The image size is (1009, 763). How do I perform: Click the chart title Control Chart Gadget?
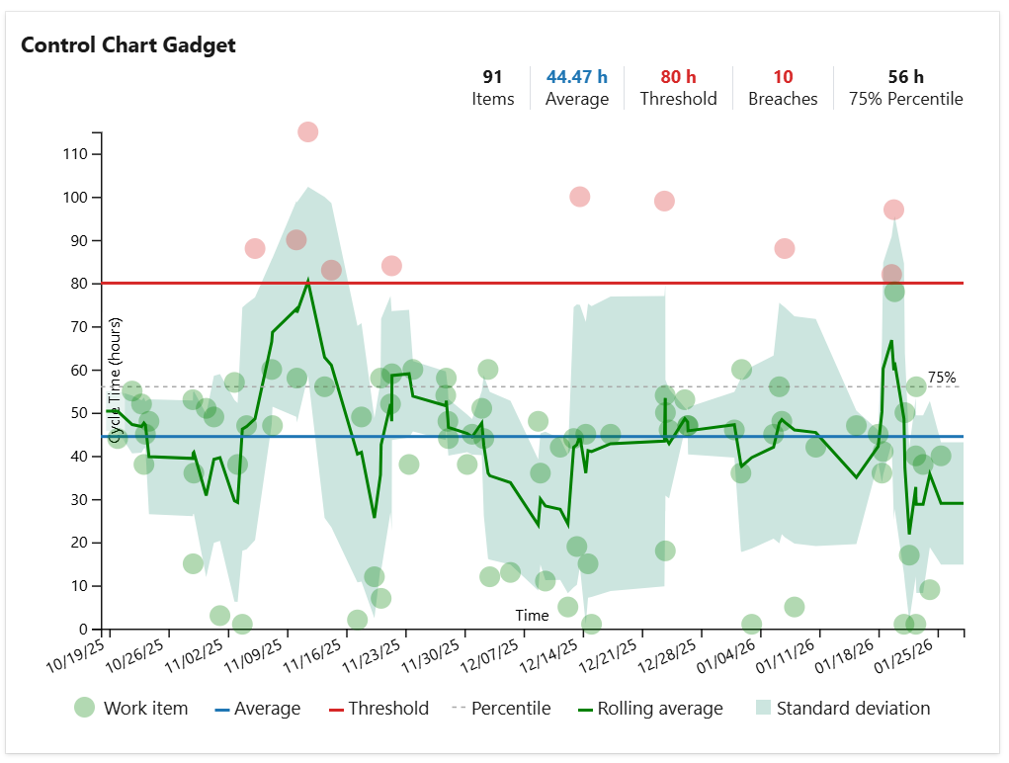tap(128, 45)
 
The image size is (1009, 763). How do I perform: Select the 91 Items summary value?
tap(492, 77)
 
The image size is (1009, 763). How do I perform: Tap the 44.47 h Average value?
tap(577, 77)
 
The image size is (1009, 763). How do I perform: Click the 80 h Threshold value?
tap(678, 77)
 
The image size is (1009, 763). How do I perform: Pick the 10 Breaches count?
tap(783, 77)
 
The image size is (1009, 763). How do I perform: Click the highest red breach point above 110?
tap(307, 132)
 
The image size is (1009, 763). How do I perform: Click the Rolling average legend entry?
tap(659, 709)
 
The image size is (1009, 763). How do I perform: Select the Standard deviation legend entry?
tap(852, 709)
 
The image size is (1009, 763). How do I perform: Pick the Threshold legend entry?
tap(387, 709)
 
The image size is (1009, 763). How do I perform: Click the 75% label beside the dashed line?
tap(942, 377)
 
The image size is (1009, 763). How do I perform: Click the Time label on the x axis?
tap(532, 616)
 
